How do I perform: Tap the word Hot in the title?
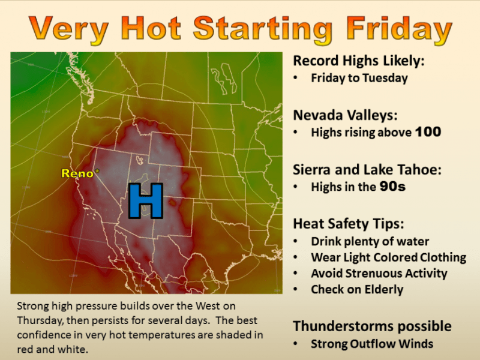151,28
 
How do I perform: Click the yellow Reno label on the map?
77,173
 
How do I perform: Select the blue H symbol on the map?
145,201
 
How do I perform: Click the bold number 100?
428,132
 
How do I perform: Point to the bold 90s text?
392,187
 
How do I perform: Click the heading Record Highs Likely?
359,61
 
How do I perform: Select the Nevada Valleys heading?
345,115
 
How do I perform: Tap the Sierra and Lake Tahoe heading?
367,170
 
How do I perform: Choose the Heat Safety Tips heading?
349,224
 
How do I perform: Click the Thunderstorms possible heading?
372,326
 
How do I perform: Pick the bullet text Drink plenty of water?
370,242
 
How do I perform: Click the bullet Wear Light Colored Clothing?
388,257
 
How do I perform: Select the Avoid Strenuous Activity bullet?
379,274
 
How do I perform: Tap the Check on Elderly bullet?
357,290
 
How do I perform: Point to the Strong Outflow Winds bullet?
372,344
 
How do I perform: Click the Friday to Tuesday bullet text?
359,78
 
